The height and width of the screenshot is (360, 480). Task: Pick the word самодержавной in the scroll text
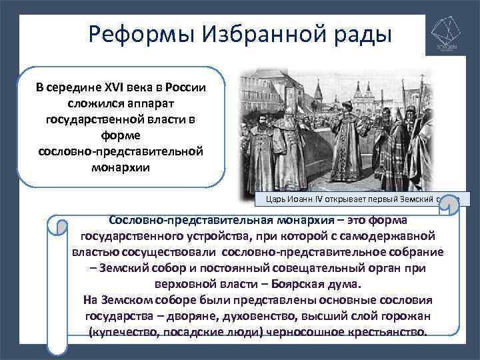coord(393,236)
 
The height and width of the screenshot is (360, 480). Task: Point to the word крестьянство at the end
coord(387,331)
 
